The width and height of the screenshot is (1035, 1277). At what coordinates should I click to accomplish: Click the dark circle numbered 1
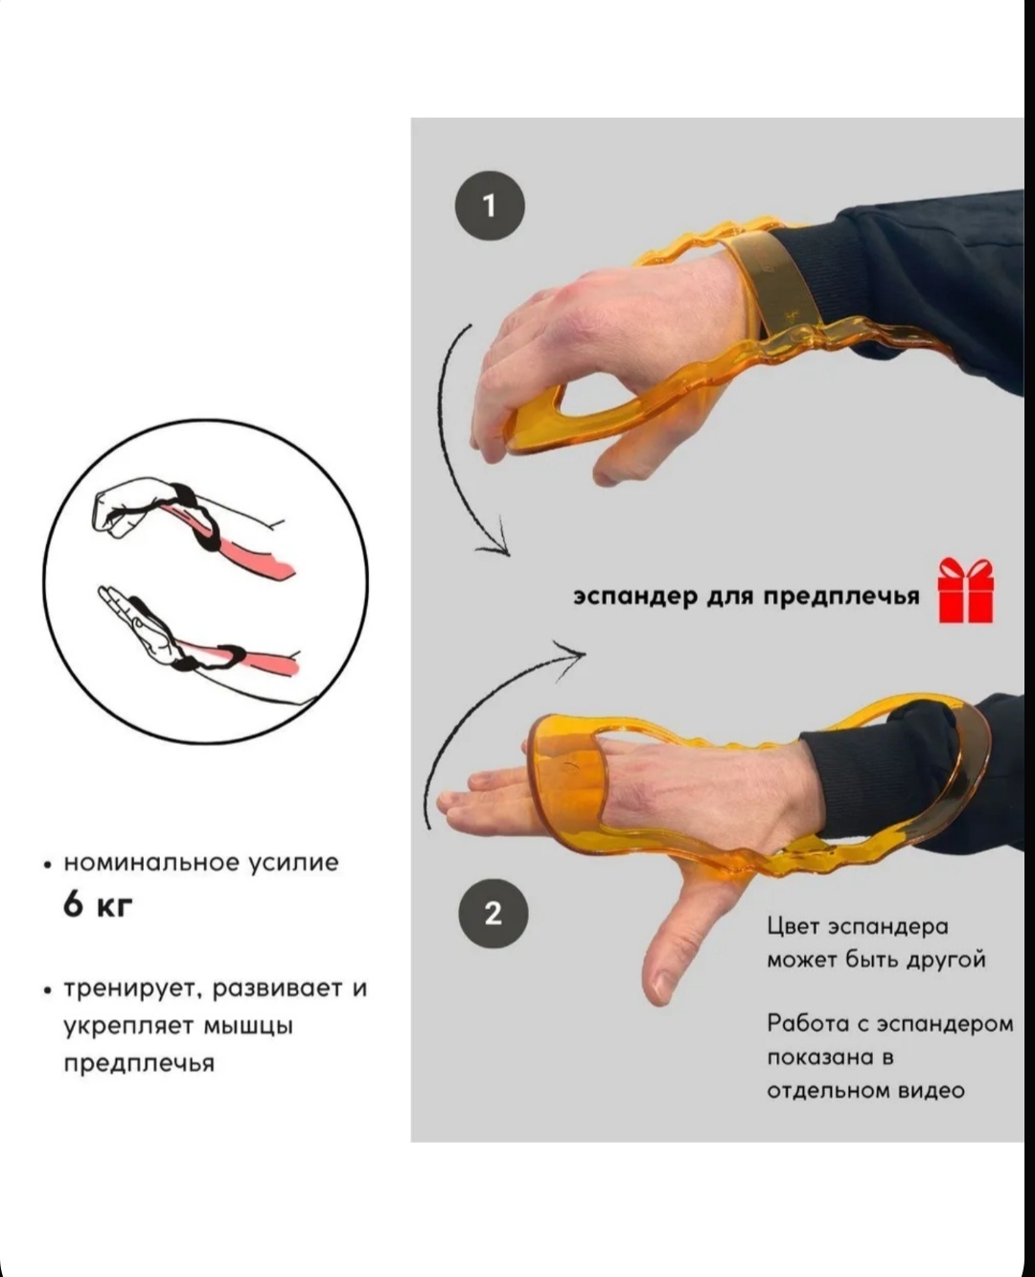[x=491, y=205]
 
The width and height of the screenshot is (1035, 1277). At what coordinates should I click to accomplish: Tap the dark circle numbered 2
[x=494, y=914]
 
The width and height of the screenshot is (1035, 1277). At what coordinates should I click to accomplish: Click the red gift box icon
[x=965, y=591]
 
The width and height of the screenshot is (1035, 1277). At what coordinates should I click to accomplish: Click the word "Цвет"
[x=793, y=926]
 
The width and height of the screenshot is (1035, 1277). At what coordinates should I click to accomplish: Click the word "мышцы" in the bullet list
[x=249, y=1027]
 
